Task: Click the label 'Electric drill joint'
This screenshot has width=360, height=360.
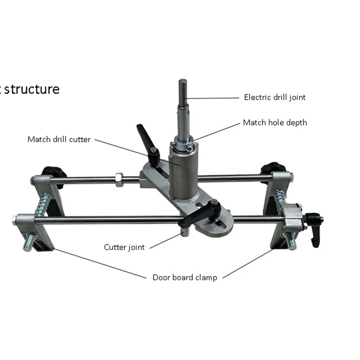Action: coord(274,97)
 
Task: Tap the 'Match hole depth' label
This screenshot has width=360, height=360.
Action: coord(275,122)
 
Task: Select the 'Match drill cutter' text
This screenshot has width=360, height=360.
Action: coord(59,139)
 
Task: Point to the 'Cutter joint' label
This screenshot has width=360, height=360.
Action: coord(125,247)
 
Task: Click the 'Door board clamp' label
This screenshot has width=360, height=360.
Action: coord(184,277)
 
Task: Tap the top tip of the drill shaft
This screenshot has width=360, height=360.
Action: coord(183,81)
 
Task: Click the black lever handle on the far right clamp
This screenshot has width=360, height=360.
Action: coord(314,229)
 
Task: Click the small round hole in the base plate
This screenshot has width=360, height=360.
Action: coord(199,208)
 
